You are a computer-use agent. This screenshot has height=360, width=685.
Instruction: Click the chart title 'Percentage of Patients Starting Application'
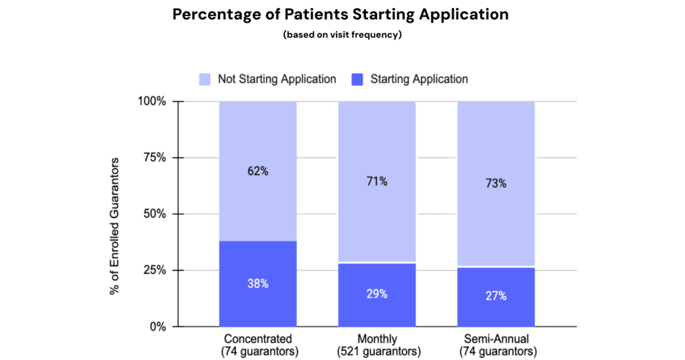click(x=342, y=14)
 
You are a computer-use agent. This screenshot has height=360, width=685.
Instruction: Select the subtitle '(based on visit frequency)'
click(x=342, y=35)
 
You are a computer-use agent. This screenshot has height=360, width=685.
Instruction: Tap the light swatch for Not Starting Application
click(x=205, y=79)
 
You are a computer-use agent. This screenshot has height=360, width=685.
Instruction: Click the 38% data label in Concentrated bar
click(x=258, y=284)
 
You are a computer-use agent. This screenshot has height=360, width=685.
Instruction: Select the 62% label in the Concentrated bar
click(x=258, y=171)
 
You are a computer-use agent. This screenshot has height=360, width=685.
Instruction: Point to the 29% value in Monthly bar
click(x=377, y=294)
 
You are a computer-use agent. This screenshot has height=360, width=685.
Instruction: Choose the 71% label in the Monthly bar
click(x=377, y=181)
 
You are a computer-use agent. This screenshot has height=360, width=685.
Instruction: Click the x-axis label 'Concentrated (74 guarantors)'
click(x=258, y=345)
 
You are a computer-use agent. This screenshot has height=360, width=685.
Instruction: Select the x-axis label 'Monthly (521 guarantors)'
click(x=377, y=345)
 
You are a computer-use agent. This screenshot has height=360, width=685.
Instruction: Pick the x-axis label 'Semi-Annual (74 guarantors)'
click(x=496, y=345)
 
